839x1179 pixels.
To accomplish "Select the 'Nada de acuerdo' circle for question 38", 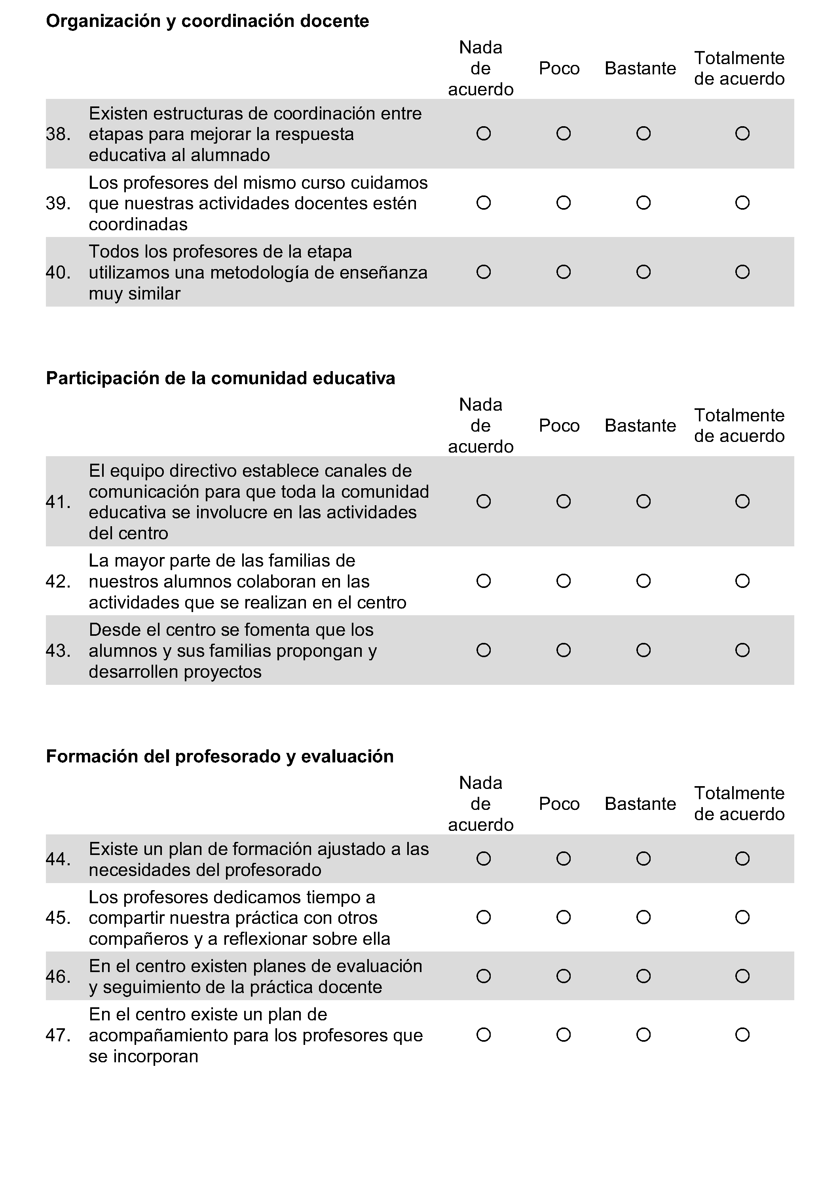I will click(x=483, y=134).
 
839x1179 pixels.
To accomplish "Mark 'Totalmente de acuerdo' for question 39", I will click(x=742, y=203).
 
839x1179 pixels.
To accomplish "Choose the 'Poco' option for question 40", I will click(x=563, y=272).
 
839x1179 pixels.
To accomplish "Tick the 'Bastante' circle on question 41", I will click(x=643, y=501).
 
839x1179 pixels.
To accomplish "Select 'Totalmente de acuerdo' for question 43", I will click(x=742, y=650).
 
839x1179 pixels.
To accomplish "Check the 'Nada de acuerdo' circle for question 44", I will click(x=483, y=859).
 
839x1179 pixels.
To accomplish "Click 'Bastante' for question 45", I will click(x=643, y=917).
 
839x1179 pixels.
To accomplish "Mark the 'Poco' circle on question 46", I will click(x=563, y=976).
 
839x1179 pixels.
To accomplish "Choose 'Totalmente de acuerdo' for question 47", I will click(x=742, y=1035).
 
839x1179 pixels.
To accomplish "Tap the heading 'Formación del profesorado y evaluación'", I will click(x=220, y=756).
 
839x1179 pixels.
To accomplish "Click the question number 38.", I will click(x=58, y=134).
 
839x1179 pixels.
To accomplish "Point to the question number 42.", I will click(x=58, y=582).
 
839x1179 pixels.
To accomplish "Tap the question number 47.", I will click(x=58, y=1035).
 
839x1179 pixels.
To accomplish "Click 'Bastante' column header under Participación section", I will click(x=640, y=426).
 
